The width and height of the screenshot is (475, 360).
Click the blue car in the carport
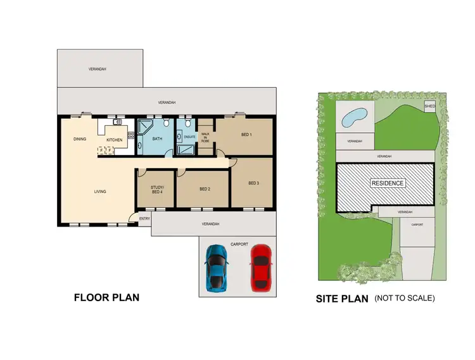coord(216,268)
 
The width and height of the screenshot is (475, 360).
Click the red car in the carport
coord(260,268)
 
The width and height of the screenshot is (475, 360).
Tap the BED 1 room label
coord(246,135)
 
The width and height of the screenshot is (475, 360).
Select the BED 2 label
coord(204,189)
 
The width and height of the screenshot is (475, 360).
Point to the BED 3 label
coord(253,183)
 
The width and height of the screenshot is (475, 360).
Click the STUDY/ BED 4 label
coord(157,189)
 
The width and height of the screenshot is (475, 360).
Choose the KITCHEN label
coord(114,139)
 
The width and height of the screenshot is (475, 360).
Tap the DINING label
coord(80,139)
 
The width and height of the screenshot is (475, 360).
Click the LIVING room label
coord(100,191)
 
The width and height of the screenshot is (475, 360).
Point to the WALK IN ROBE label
coord(205,137)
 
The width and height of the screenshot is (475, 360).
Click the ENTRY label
coord(144,219)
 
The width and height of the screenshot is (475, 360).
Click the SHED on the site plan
coord(429,106)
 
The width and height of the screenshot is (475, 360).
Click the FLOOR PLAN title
coord(106,297)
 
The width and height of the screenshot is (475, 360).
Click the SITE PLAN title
coord(342,299)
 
